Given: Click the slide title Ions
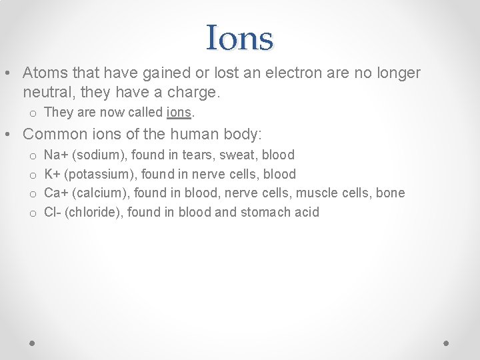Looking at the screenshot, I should point(240,38).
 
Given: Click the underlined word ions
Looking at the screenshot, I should point(179,113).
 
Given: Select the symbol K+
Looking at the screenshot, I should point(52,174).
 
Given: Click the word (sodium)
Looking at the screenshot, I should point(99,155).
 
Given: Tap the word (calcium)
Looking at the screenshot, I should point(99,193).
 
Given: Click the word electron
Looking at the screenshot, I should point(283,73).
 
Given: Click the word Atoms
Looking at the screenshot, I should point(43,73).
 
